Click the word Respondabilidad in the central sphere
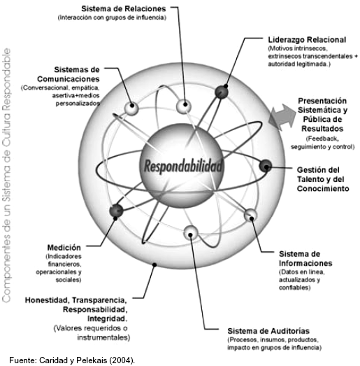click(183, 166)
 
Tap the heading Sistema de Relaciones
click(124, 9)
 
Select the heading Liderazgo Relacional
click(307, 40)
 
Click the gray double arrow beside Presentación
click(282, 118)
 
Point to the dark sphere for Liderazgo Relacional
click(222, 92)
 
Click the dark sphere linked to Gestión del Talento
click(266, 166)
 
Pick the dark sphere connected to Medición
click(116, 211)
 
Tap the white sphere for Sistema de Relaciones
click(184, 106)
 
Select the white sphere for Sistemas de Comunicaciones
click(131, 108)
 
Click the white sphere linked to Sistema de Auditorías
click(191, 232)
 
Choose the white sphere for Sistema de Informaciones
click(251, 216)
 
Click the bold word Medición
click(64, 248)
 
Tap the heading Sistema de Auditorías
click(268, 331)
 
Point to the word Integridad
click(108, 318)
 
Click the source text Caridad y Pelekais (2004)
click(87, 360)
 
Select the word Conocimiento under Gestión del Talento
click(323, 189)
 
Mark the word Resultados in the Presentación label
click(322, 129)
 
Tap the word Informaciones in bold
click(305, 263)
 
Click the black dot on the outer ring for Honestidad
click(154, 265)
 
